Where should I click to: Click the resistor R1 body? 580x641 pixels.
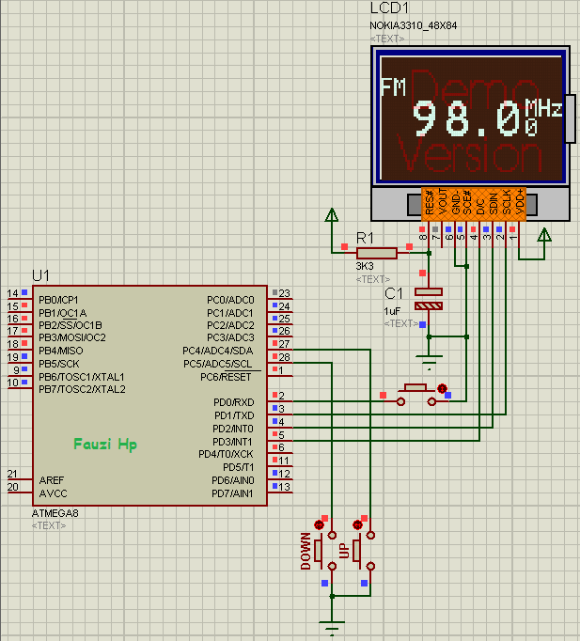(377, 252)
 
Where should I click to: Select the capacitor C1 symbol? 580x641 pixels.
(429, 299)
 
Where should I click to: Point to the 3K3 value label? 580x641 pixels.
(365, 267)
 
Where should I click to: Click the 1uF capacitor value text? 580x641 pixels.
(395, 310)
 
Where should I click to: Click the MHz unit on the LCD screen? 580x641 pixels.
(543, 107)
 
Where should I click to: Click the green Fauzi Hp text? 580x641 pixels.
(105, 444)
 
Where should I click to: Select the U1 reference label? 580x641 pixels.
(40, 275)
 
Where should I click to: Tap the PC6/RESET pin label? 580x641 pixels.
(226, 376)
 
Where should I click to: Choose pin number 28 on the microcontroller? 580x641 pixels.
(283, 358)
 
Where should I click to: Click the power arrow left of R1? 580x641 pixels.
(331, 218)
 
